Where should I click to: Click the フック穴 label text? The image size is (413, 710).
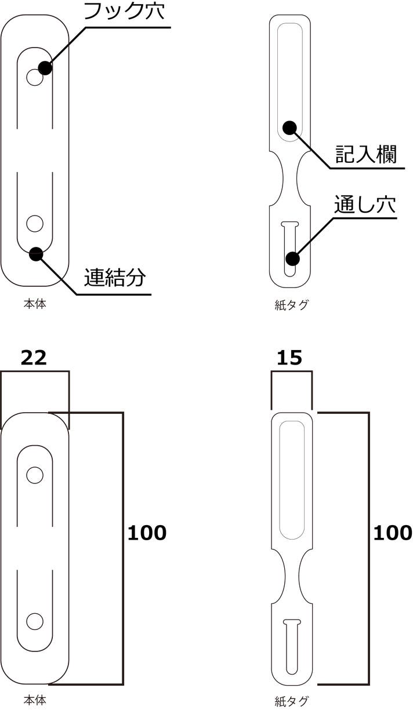click(124, 12)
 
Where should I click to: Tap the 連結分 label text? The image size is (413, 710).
click(114, 278)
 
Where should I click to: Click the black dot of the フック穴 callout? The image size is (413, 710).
click(45, 68)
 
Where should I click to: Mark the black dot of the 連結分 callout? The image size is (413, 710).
click(36, 253)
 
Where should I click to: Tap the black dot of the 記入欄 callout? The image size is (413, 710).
click(289, 128)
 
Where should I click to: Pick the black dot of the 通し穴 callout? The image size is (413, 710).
click(292, 258)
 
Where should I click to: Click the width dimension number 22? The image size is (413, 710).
click(34, 358)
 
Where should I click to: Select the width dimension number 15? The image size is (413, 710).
click(289, 358)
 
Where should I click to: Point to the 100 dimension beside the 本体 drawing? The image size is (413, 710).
click(147, 533)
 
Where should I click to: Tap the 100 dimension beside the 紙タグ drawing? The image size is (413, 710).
click(392, 533)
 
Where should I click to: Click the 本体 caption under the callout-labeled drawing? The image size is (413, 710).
click(35, 303)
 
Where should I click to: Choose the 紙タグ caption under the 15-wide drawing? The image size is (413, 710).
click(291, 701)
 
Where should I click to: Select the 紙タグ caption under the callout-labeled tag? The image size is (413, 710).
click(291, 305)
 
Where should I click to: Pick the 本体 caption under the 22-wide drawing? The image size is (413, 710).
click(35, 700)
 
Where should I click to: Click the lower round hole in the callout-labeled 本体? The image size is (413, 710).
click(35, 223)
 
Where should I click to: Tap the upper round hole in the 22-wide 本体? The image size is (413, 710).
click(35, 475)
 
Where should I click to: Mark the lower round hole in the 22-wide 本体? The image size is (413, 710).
click(35, 621)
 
